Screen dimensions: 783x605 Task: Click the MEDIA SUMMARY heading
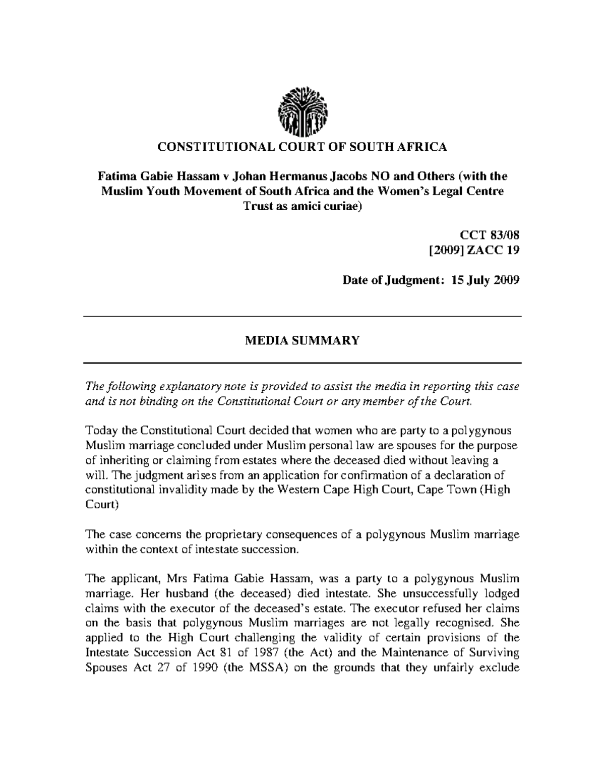click(x=302, y=340)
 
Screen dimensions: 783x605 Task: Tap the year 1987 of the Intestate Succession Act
click(x=265, y=652)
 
